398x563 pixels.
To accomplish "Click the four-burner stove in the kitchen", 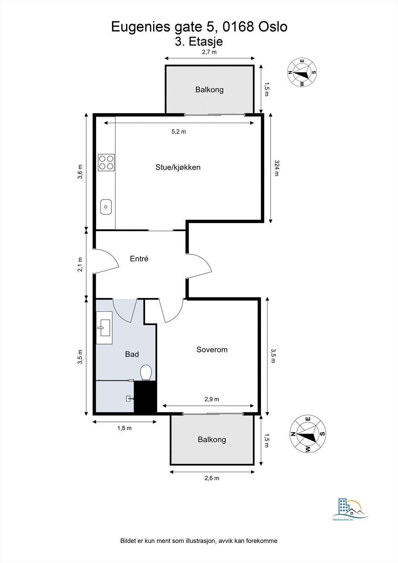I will pos(106,163).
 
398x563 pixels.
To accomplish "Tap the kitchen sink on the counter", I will pos(106,207).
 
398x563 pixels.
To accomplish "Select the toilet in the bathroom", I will pos(146,373).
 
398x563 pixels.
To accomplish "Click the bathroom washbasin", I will pos(104,328).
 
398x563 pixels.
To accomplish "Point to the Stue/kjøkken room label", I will pos(178,167).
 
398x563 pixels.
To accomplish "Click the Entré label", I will pos(139,259).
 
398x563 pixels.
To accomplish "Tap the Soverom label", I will pos(212,349).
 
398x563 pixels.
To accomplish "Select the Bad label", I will pos(132,354).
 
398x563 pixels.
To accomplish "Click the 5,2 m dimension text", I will pos(178,132).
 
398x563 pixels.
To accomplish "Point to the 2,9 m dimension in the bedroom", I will pos(212,399).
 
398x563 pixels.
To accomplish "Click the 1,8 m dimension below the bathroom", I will pos(124,428).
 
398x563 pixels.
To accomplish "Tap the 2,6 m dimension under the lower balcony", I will pos(212,478).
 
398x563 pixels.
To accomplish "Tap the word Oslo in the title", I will pos(273,27).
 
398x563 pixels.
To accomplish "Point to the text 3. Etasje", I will pos(199,42).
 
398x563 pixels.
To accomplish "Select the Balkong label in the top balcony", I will pos(209,89).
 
